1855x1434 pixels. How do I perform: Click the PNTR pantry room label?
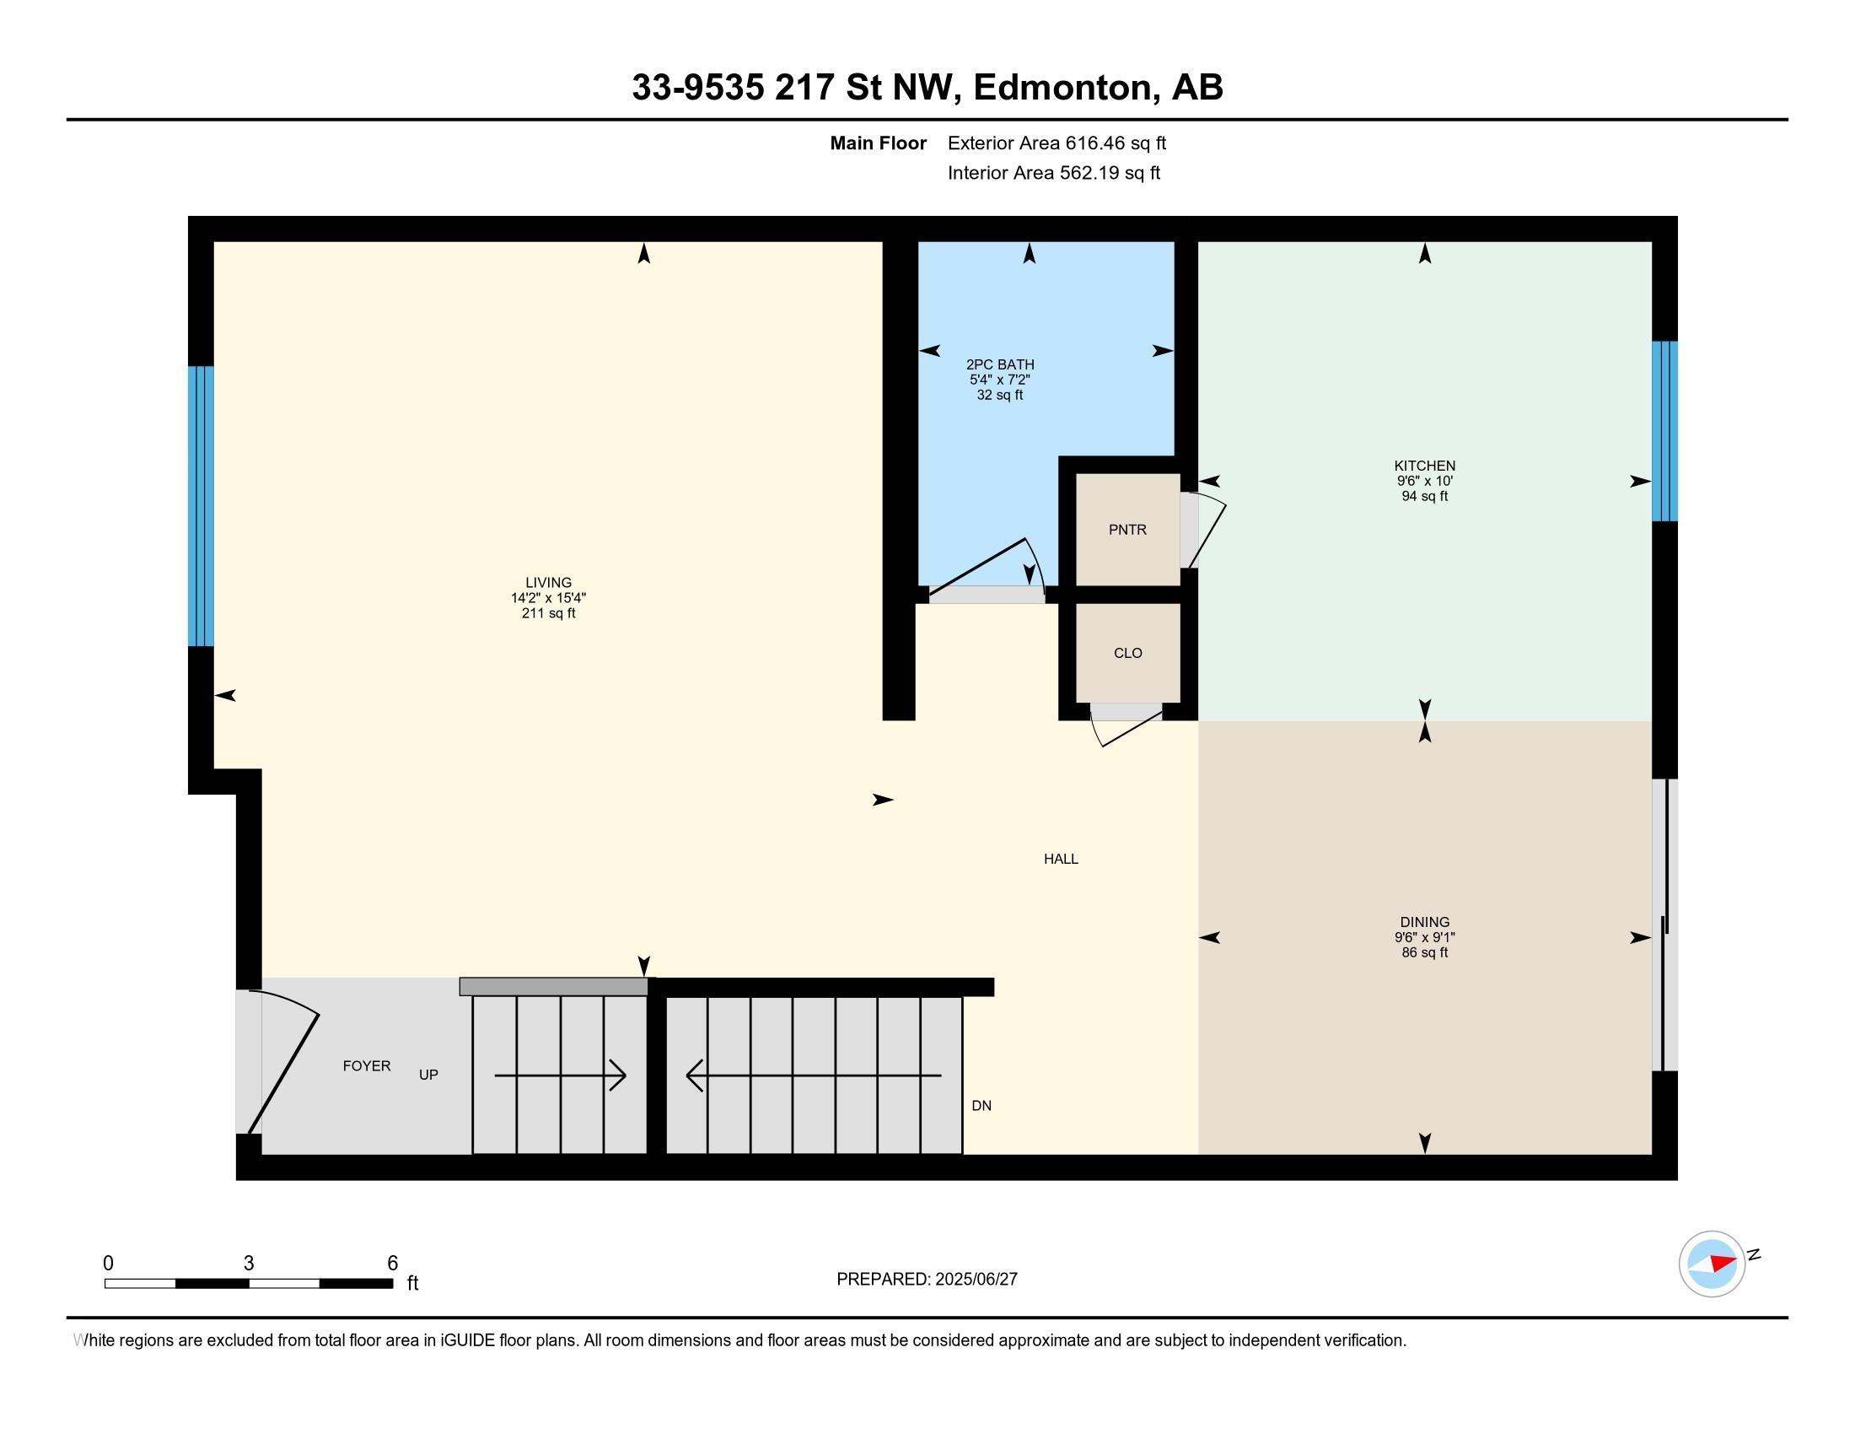pyautogui.click(x=1127, y=529)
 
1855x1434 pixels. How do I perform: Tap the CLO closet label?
pyautogui.click(x=1128, y=652)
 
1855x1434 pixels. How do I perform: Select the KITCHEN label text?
pyautogui.click(x=1424, y=466)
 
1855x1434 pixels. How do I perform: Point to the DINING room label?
pyautogui.click(x=1424, y=922)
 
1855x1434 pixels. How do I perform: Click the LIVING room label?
pyautogui.click(x=548, y=583)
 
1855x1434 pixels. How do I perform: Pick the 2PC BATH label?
pyautogui.click(x=1000, y=364)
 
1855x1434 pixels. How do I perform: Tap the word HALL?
pyautogui.click(x=1061, y=859)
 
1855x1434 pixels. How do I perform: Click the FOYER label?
pyautogui.click(x=367, y=1065)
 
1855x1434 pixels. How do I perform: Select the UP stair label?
pyautogui.click(x=428, y=1075)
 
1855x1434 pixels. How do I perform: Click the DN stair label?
pyautogui.click(x=981, y=1105)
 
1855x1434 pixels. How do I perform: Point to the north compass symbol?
pyautogui.click(x=1712, y=1264)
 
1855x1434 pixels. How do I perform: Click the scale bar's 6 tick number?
pyautogui.click(x=392, y=1264)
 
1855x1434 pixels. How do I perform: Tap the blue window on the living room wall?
pyautogui.click(x=201, y=506)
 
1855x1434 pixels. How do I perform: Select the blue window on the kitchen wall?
pyautogui.click(x=1664, y=431)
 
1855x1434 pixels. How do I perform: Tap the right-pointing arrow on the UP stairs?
pyautogui.click(x=561, y=1075)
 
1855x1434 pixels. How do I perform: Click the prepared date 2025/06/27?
pyautogui.click(x=975, y=1280)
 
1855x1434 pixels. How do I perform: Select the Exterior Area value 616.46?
pyautogui.click(x=1092, y=143)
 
